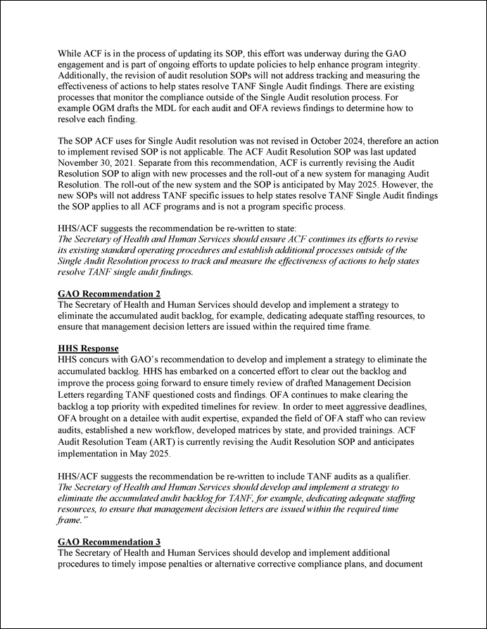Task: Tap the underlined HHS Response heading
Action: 88,349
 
